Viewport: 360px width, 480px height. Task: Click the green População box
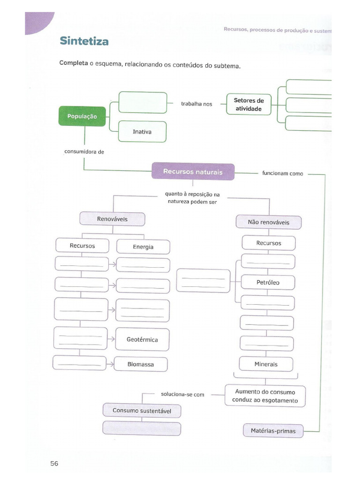point(82,116)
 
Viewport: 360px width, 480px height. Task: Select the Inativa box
point(142,132)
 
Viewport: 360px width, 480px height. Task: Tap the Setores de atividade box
point(248,105)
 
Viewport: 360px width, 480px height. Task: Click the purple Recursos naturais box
point(193,172)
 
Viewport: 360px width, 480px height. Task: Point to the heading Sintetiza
point(84,41)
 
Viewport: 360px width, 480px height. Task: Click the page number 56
point(54,464)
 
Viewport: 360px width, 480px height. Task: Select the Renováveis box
point(112,219)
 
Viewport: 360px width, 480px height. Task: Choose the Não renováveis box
point(269,222)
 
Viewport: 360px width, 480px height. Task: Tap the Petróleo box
point(268,283)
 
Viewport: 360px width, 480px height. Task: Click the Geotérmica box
point(142,339)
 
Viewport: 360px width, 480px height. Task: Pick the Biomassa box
point(141,364)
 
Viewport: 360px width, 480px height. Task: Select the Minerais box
point(266,364)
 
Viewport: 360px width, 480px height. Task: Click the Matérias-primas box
point(273,430)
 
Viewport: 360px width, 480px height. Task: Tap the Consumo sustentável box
point(142,411)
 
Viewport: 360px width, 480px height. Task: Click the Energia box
point(143,247)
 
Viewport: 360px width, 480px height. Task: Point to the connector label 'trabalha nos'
point(196,104)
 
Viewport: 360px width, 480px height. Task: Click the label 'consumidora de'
point(84,151)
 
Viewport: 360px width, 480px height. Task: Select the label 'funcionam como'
point(283,173)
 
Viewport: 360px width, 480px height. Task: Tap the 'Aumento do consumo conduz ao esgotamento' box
point(265,396)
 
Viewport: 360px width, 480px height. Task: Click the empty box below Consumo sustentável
point(142,428)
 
